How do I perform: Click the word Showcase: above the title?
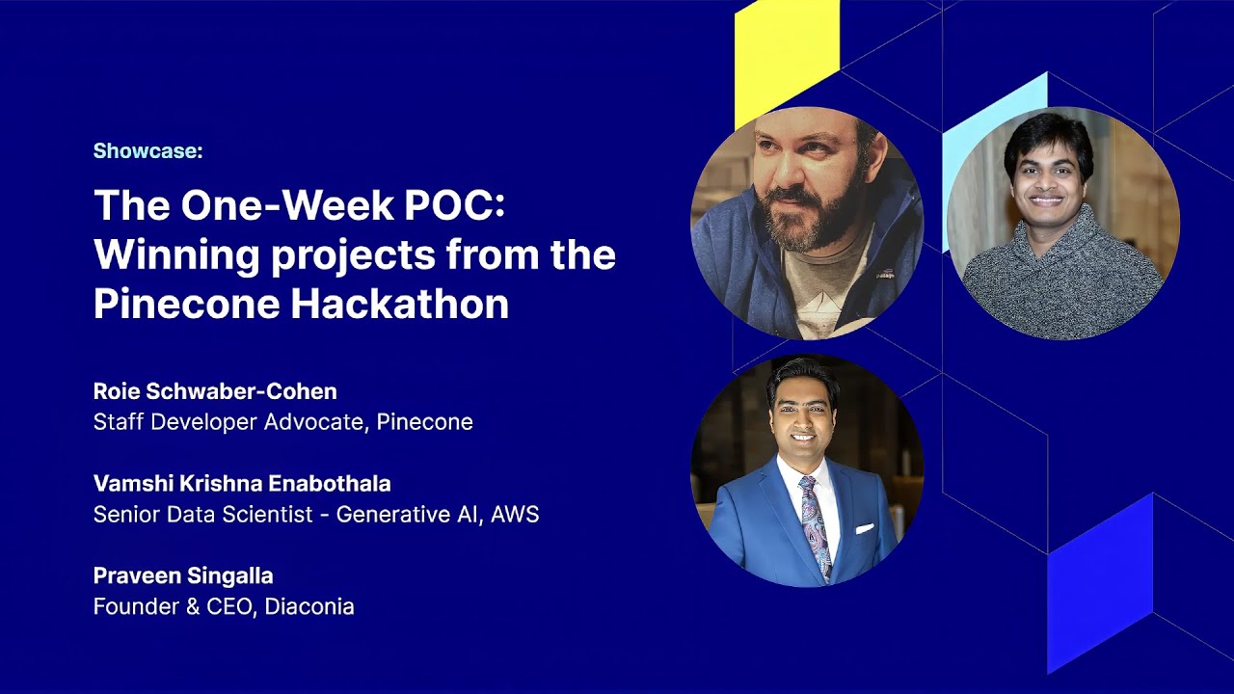click(x=148, y=151)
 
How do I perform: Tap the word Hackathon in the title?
click(x=399, y=304)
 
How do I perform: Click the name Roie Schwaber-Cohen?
click(x=215, y=391)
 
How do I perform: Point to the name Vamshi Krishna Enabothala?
click(x=242, y=484)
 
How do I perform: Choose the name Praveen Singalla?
click(x=183, y=576)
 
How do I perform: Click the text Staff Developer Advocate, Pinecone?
click(x=282, y=422)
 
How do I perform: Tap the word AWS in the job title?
click(x=515, y=515)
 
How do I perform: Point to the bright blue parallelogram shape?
click(x=1099, y=578)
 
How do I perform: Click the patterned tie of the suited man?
click(x=816, y=525)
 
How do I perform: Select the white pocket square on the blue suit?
click(x=864, y=528)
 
